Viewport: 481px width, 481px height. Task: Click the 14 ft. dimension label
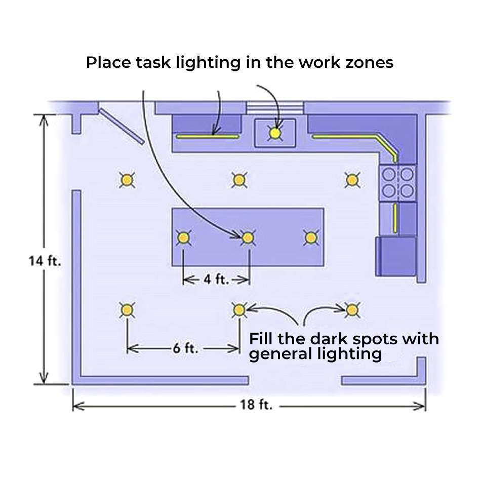(x=45, y=261)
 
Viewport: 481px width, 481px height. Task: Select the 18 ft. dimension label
(x=256, y=406)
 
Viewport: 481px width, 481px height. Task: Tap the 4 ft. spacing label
(x=216, y=279)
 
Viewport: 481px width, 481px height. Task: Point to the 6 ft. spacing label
(x=184, y=348)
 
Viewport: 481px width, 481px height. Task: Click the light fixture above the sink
(x=275, y=133)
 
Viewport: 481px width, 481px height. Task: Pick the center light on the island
(x=247, y=237)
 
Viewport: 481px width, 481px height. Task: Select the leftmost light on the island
(x=183, y=237)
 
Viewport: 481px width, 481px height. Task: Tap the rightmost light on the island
(x=311, y=237)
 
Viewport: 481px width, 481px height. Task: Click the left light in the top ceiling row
(x=127, y=179)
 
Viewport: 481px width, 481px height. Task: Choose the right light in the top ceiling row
(x=352, y=179)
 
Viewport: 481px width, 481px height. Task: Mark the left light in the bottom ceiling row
(x=127, y=309)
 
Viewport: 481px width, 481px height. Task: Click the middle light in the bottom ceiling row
(x=239, y=309)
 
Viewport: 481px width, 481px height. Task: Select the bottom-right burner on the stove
(x=407, y=190)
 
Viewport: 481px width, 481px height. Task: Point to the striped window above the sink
(x=274, y=107)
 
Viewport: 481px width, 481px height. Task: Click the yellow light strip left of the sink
(x=208, y=136)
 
